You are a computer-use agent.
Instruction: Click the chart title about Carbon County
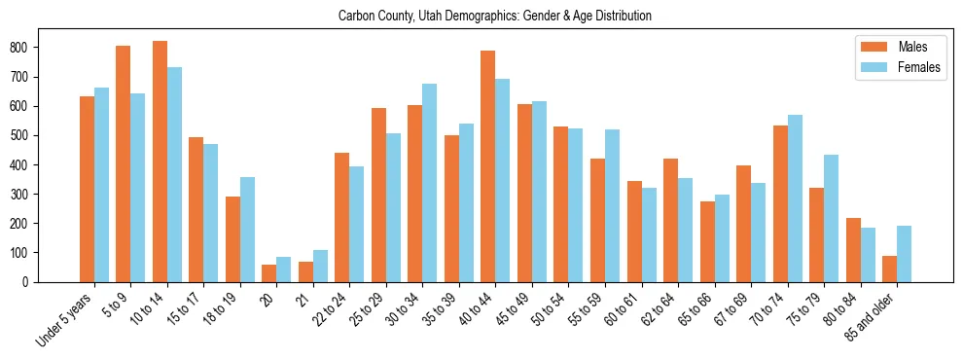click(x=494, y=17)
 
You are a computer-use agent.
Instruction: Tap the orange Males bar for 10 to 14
click(x=160, y=162)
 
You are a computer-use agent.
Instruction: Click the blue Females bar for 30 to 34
click(x=430, y=183)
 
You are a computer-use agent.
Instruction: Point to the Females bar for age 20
click(x=284, y=270)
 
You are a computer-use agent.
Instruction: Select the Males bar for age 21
click(x=305, y=271)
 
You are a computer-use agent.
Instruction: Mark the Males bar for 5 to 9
click(x=124, y=163)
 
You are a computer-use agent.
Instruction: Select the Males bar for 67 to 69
click(x=743, y=224)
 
